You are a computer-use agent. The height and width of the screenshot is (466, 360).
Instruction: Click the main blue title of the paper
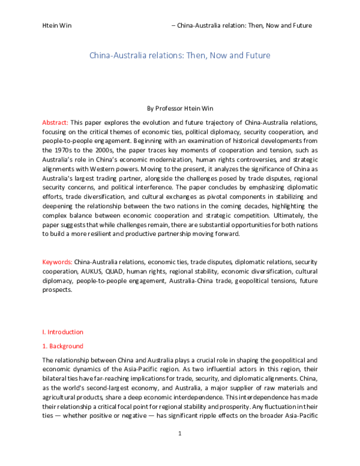[x=180, y=56]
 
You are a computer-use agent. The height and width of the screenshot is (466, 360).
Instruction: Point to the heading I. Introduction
[x=62, y=331]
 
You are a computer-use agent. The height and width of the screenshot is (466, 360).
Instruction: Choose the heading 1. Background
[x=62, y=346]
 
